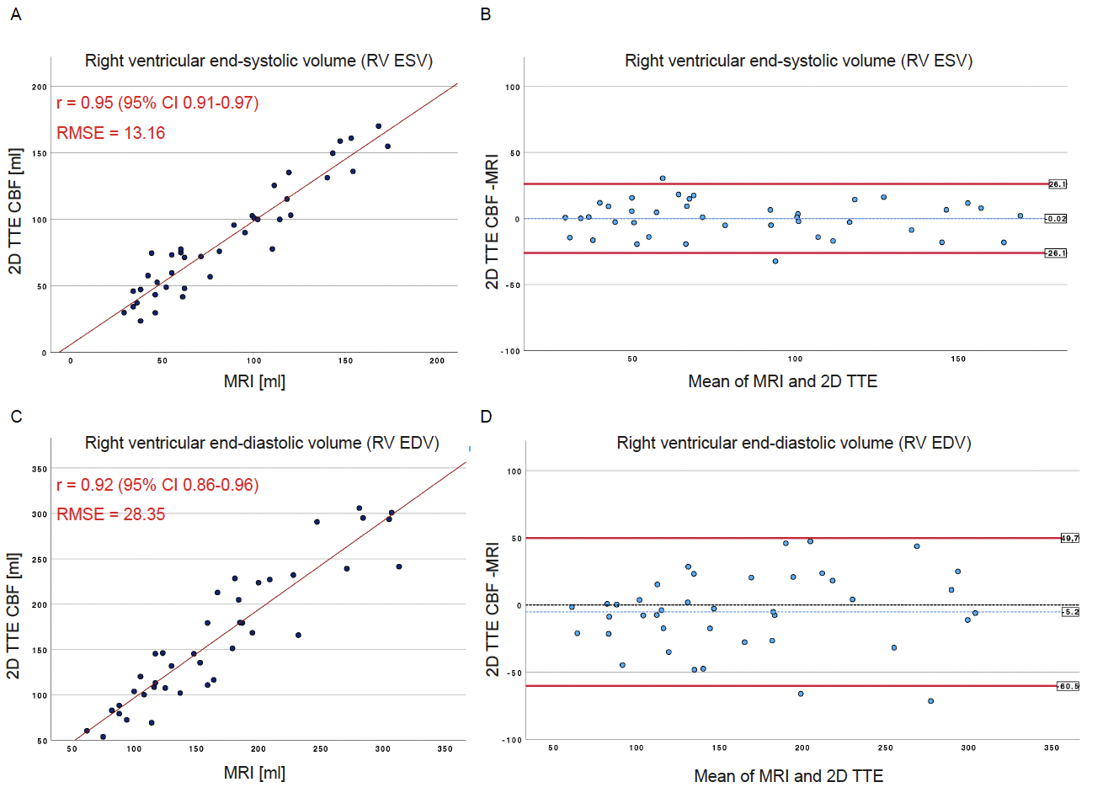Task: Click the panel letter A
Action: [x=16, y=14]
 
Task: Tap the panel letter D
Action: [x=486, y=417]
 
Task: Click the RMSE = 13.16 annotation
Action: [x=110, y=133]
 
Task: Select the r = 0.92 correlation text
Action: [x=157, y=485]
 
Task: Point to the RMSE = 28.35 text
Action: [x=110, y=514]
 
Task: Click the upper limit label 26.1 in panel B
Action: [x=1057, y=184]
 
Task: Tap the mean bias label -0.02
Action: [x=1056, y=219]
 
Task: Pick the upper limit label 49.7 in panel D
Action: [x=1069, y=539]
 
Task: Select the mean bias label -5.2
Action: [x=1069, y=612]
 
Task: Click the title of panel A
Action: [x=258, y=61]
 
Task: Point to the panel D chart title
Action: [x=794, y=443]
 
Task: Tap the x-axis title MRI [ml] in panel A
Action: [x=254, y=381]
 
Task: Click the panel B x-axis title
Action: [x=782, y=381]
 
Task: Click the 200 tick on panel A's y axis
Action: [x=39, y=87]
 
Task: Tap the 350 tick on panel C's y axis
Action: [x=39, y=469]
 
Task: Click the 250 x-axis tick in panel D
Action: [x=885, y=747]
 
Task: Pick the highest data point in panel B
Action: [x=663, y=178]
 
